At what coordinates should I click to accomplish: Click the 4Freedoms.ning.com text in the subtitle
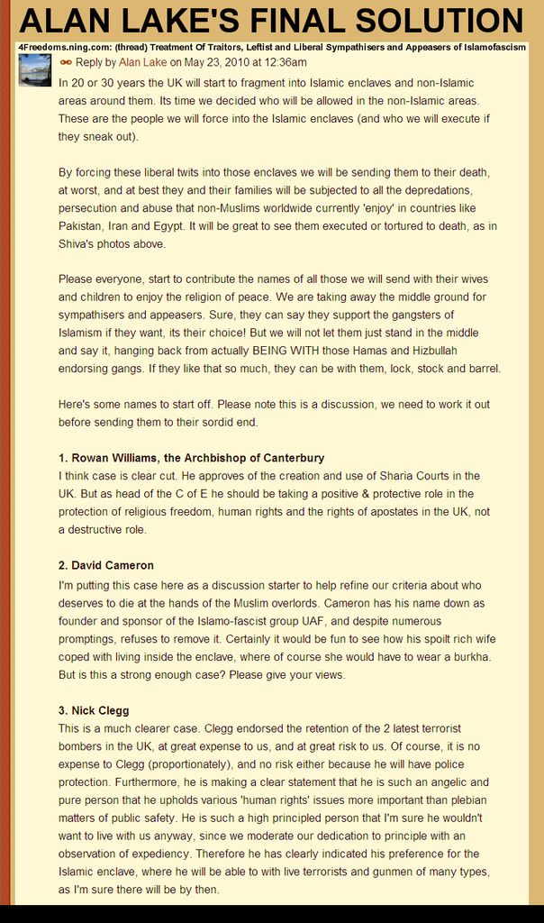coord(60,47)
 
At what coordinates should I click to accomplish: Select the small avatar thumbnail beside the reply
coord(34,69)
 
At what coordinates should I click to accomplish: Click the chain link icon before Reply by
coord(66,63)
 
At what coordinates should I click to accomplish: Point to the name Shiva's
coord(80,243)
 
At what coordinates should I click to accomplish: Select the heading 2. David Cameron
coord(106,565)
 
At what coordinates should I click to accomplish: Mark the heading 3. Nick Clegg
coord(94,710)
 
